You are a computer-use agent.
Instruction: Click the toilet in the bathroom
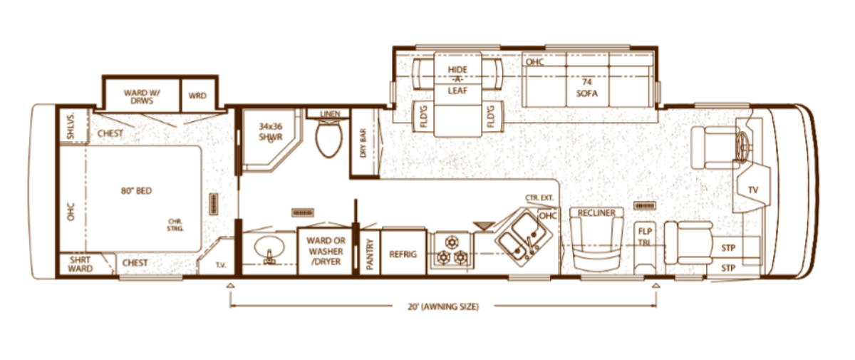[328, 139]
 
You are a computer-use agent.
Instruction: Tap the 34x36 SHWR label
[271, 132]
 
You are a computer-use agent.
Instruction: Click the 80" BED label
[136, 190]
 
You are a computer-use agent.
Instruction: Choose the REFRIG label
[403, 254]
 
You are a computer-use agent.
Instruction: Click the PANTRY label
[370, 254]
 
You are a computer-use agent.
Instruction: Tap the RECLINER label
[596, 213]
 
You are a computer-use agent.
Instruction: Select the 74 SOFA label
[587, 88]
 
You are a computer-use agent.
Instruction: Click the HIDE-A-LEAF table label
[457, 80]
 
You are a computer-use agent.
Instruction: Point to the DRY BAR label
[363, 143]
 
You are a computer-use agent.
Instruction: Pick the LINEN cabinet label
[330, 114]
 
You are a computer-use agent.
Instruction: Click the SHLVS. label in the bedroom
[71, 126]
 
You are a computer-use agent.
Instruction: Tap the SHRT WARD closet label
[80, 264]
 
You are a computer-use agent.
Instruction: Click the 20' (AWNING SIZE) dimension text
[443, 307]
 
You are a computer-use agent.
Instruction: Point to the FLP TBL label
[645, 237]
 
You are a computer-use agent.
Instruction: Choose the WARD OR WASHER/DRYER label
[326, 251]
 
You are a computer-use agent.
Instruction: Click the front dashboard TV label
[753, 190]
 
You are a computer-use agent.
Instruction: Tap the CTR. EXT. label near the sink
[539, 197]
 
